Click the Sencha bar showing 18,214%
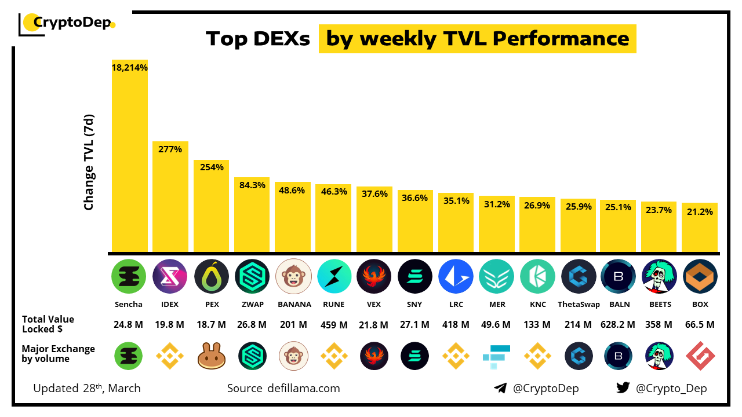pyautogui.click(x=130, y=156)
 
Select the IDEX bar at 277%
pyautogui.click(x=170, y=197)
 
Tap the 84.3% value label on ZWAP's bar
pyautogui.click(x=252, y=185)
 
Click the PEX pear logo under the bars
pyautogui.click(x=212, y=276)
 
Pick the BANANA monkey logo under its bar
pyautogui.click(x=294, y=276)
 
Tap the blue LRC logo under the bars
pyautogui.click(x=456, y=276)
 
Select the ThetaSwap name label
pyautogui.click(x=579, y=304)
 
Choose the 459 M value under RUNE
pyautogui.click(x=334, y=324)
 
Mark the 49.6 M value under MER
pyautogui.click(x=497, y=324)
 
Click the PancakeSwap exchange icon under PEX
pyautogui.click(x=212, y=356)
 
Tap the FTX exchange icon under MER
pyautogui.click(x=497, y=356)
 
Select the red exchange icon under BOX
pyautogui.click(x=700, y=356)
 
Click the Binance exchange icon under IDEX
pyautogui.click(x=170, y=356)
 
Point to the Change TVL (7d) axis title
pyautogui.click(x=89, y=162)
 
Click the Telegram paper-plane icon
pyautogui.click(x=500, y=388)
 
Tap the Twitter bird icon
pyautogui.click(x=623, y=388)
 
